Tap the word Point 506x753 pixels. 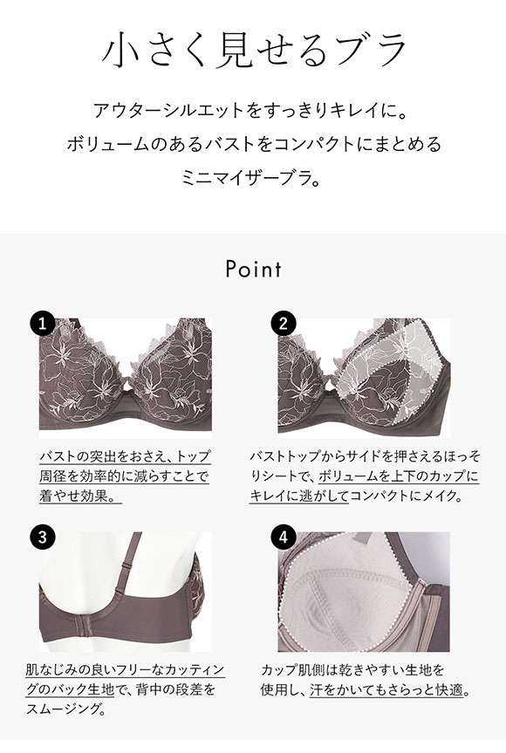tap(253, 268)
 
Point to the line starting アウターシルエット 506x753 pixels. tap(253, 112)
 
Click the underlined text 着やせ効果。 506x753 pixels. tap(79, 496)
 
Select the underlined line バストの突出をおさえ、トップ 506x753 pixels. tap(125, 456)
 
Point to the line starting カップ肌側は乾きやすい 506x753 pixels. tap(352, 670)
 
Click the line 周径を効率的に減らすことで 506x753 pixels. tap(125, 476)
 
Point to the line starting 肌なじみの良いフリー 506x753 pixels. tap(125, 670)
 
